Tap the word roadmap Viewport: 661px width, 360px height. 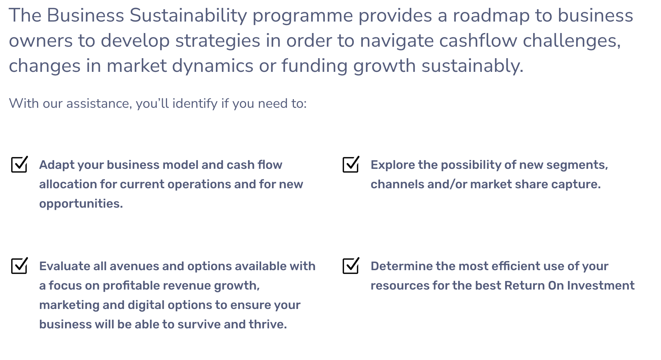click(491, 15)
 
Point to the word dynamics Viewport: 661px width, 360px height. click(213, 66)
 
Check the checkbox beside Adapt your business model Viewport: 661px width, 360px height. click(19, 165)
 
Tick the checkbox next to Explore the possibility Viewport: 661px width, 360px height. click(351, 165)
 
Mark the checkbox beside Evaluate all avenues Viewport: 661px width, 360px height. click(19, 266)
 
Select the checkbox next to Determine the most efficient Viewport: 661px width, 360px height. click(351, 266)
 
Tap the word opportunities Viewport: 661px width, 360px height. click(81, 204)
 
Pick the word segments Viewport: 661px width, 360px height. click(577, 165)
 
